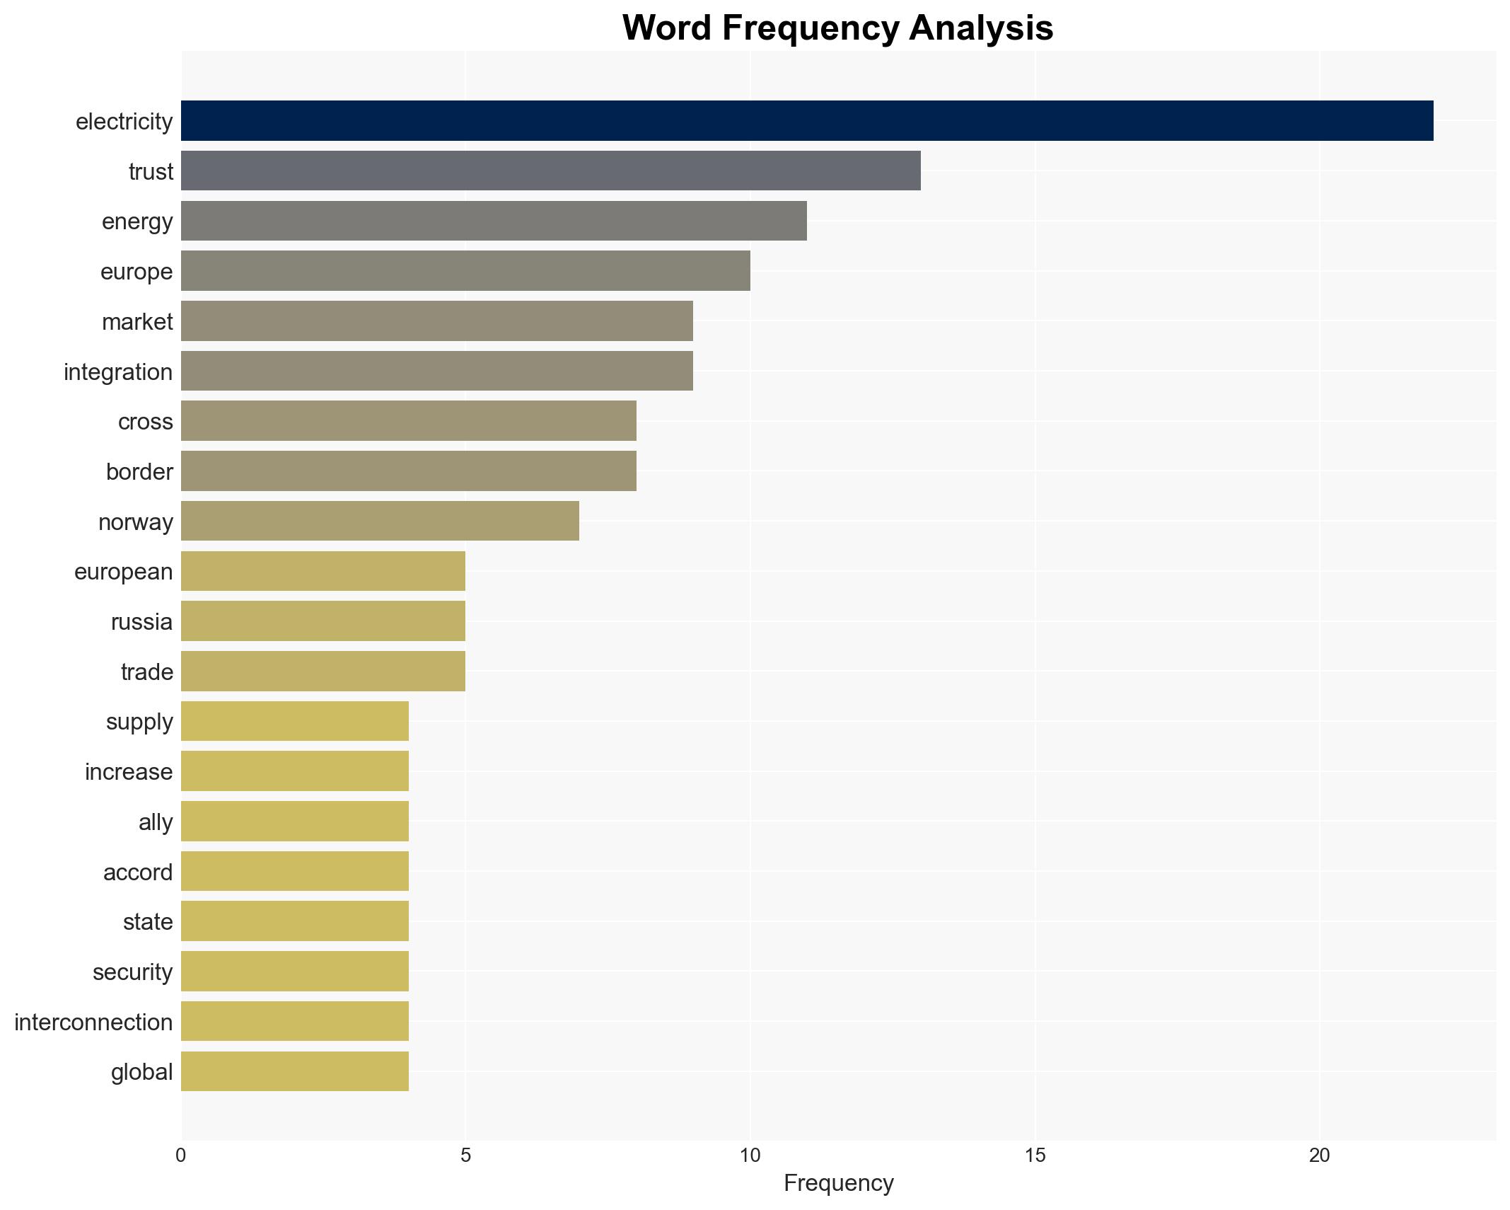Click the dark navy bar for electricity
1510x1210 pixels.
pos(806,121)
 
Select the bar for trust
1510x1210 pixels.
pos(550,171)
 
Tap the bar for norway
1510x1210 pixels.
pos(380,521)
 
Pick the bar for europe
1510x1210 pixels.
pos(465,271)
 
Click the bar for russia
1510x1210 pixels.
pos(323,621)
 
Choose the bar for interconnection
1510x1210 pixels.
pos(295,1021)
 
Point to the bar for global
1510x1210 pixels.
pos(295,1071)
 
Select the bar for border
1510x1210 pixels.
pos(408,471)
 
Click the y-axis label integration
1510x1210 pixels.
pos(118,371)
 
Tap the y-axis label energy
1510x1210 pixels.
pos(137,221)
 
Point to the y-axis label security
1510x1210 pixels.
pos(132,972)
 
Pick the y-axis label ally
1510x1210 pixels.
pos(156,822)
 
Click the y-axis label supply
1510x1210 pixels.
pos(139,721)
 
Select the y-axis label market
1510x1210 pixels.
pos(137,321)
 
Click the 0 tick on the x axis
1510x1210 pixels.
pos(181,1156)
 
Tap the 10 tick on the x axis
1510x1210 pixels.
pos(750,1156)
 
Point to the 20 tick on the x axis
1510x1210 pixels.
pos(1319,1156)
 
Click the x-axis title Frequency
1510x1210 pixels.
pos(838,1183)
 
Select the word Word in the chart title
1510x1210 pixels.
pos(668,28)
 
